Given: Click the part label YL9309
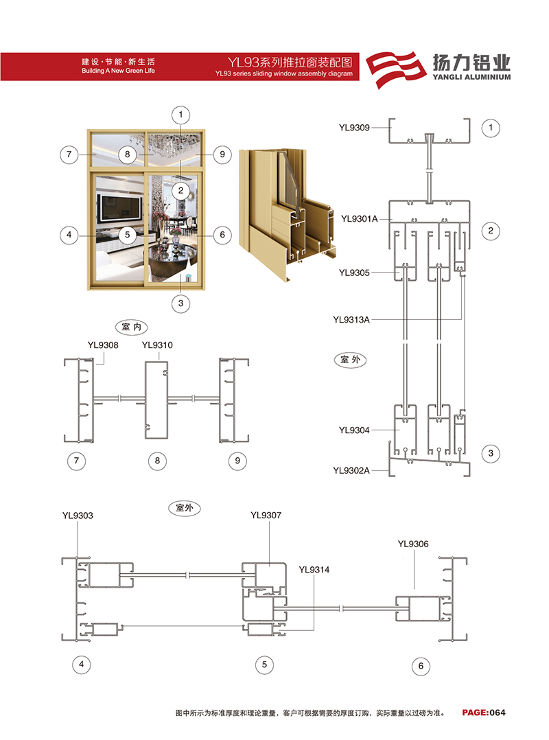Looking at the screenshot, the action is pyautogui.click(x=353, y=128).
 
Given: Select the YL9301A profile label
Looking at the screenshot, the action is pyautogui.click(x=360, y=218).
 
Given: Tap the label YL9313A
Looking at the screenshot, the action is pyautogui.click(x=351, y=319).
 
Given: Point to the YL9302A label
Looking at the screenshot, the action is pyautogui.click(x=351, y=470).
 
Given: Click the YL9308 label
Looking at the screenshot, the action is pyautogui.click(x=103, y=345).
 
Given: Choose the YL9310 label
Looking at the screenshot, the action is pyautogui.click(x=157, y=345).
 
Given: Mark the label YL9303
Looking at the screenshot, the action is pyautogui.click(x=78, y=516).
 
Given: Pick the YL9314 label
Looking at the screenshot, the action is pyautogui.click(x=314, y=570).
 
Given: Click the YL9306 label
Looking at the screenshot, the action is pyautogui.click(x=413, y=544).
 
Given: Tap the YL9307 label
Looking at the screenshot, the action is pyautogui.click(x=266, y=515).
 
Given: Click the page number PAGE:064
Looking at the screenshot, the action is pyautogui.click(x=483, y=713).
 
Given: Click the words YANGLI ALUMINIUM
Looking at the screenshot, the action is pyautogui.click(x=471, y=77).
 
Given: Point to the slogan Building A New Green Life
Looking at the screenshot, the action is pyautogui.click(x=119, y=71).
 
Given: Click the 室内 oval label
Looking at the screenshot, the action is pyautogui.click(x=132, y=327).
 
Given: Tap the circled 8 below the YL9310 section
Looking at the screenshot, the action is pyautogui.click(x=158, y=461).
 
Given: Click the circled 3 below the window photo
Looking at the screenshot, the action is pyautogui.click(x=180, y=303).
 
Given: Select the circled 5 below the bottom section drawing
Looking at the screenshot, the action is pyautogui.click(x=264, y=664).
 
